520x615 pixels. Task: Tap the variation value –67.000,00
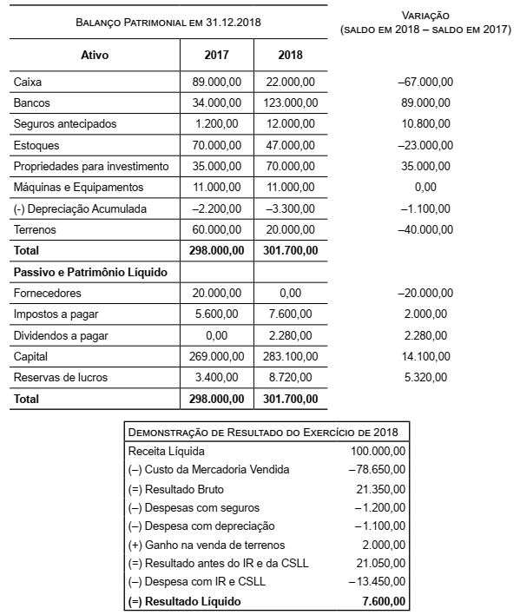coord(425,82)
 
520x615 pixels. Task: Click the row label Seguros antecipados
coord(65,123)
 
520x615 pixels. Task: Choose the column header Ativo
coord(94,55)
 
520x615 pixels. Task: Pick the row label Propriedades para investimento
coord(90,166)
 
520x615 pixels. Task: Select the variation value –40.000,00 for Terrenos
coord(425,229)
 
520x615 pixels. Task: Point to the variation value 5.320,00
coord(425,377)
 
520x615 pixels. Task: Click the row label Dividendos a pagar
coord(59,335)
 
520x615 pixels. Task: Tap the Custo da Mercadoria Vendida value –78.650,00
coord(378,470)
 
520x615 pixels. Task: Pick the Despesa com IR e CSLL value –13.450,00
coord(378,582)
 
